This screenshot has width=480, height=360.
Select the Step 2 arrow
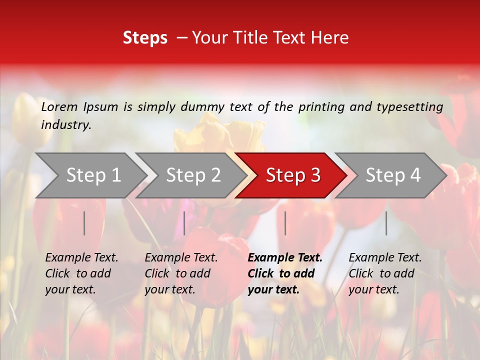pos(193,175)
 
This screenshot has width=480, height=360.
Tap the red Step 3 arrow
pos(293,175)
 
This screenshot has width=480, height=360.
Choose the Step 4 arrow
pos(393,175)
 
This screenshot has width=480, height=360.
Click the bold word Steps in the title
pos(145,38)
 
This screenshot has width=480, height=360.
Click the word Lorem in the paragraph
pos(59,106)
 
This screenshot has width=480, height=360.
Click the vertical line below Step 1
pos(84,223)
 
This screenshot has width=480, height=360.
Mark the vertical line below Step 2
pos(184,223)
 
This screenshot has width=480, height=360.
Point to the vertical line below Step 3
pos(285,223)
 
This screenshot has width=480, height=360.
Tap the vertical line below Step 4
pos(386,223)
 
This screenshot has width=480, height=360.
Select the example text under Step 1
pos(81,273)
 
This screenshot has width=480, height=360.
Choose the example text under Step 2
pos(181,273)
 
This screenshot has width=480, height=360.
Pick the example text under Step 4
pos(385,273)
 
